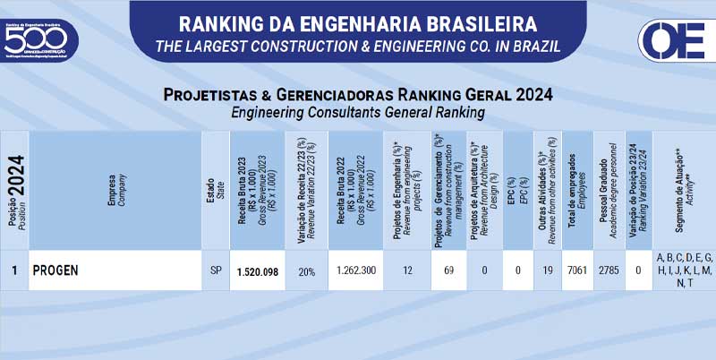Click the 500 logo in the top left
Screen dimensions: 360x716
pyautogui.click(x=39, y=38)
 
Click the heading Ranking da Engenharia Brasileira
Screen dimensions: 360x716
pyautogui.click(x=358, y=21)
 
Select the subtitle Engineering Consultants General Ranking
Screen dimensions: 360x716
pyautogui.click(x=358, y=113)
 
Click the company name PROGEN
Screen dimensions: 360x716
pyautogui.click(x=56, y=270)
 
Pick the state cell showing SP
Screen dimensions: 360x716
pyautogui.click(x=215, y=270)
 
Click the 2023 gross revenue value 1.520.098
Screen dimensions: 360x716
pyautogui.click(x=257, y=271)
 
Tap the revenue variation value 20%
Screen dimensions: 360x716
pyautogui.click(x=306, y=271)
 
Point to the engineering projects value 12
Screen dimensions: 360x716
pyautogui.click(x=407, y=270)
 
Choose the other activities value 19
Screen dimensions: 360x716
pyautogui.click(x=547, y=270)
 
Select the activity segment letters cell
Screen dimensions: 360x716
pyautogui.click(x=683, y=270)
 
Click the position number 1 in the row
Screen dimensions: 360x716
pyautogui.click(x=14, y=270)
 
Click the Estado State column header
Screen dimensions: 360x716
pyautogui.click(x=215, y=191)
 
